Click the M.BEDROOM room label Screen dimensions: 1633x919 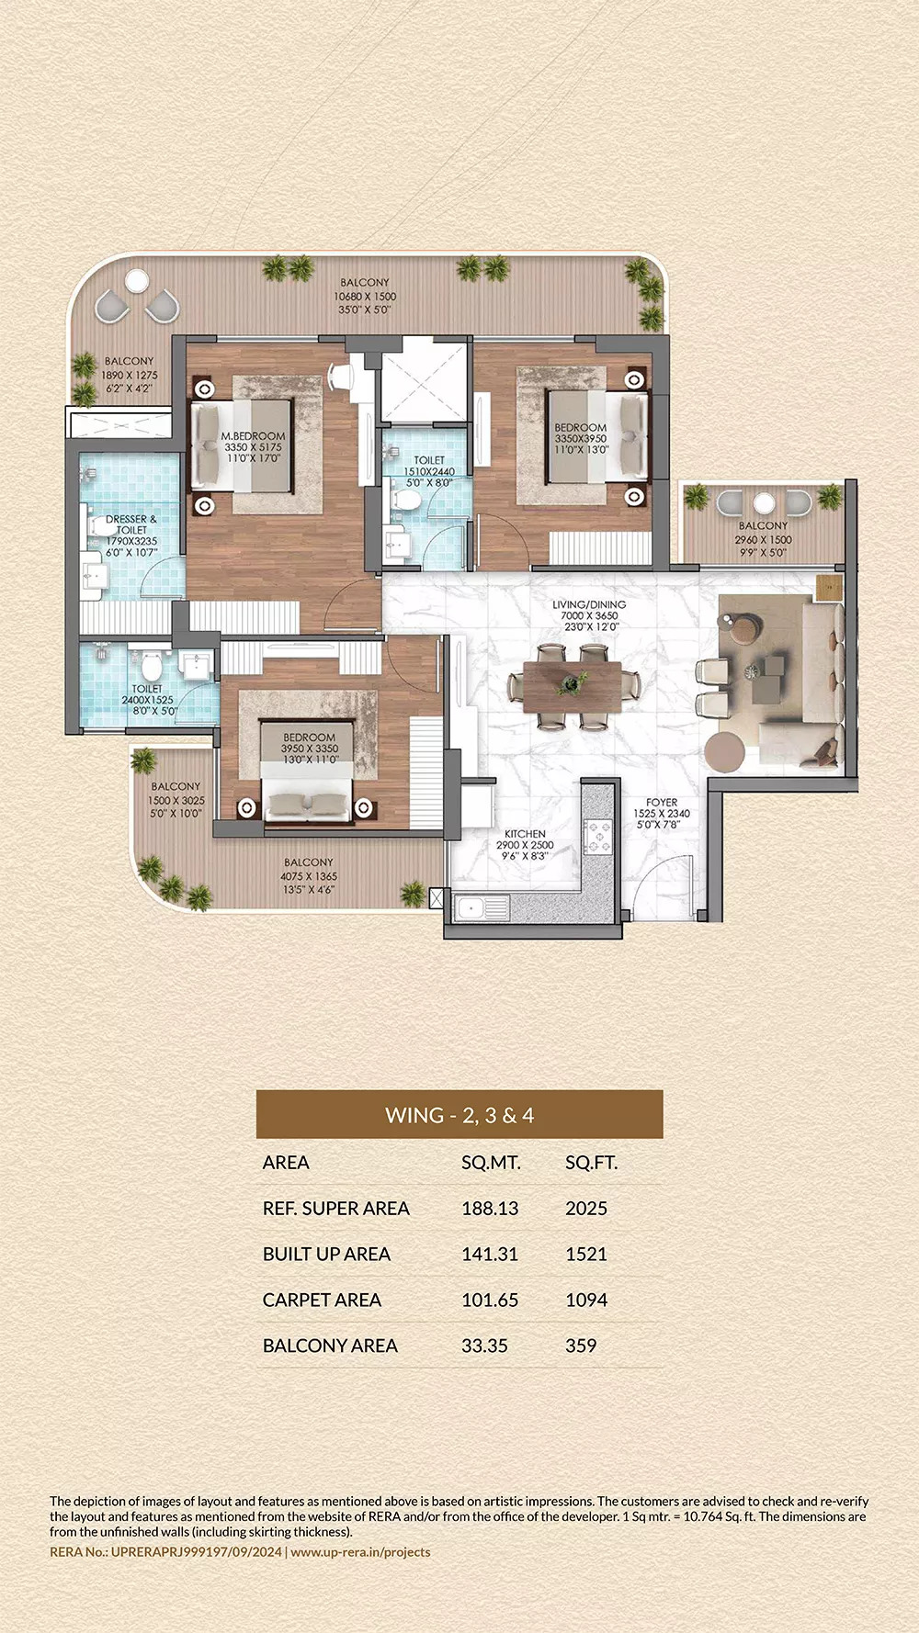point(253,436)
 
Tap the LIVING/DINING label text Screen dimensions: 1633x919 point(589,604)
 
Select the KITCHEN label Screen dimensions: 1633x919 point(525,834)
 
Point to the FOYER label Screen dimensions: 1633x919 point(661,802)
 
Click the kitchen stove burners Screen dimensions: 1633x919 point(598,836)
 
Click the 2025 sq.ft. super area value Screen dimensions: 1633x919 point(586,1209)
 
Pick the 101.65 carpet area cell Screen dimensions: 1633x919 point(490,1301)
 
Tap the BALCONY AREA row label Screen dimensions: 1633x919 point(330,1346)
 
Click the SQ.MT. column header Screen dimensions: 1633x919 point(491,1163)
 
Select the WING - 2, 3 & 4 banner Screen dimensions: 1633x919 point(459,1115)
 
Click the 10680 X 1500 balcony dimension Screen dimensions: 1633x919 point(365,297)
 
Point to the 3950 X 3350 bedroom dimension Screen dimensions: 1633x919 point(310,749)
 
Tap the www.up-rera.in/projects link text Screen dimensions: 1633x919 point(360,1552)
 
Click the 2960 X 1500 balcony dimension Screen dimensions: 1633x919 point(763,540)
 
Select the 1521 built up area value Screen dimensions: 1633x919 point(586,1255)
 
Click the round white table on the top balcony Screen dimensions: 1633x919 point(137,278)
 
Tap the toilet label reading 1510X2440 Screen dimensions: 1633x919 point(429,471)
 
